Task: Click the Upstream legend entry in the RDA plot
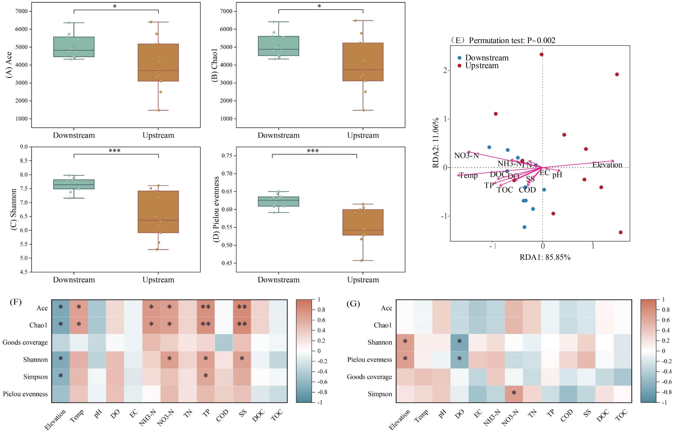(482, 66)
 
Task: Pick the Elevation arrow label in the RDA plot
(607, 165)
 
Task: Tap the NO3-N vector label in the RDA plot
(466, 156)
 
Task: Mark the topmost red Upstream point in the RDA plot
(541, 54)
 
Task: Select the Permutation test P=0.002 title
(512, 40)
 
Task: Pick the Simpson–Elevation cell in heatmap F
(61, 377)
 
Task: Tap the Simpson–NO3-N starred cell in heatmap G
(514, 394)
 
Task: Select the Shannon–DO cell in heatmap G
(459, 342)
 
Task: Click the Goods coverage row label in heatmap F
(25, 342)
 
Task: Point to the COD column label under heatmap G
(566, 415)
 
